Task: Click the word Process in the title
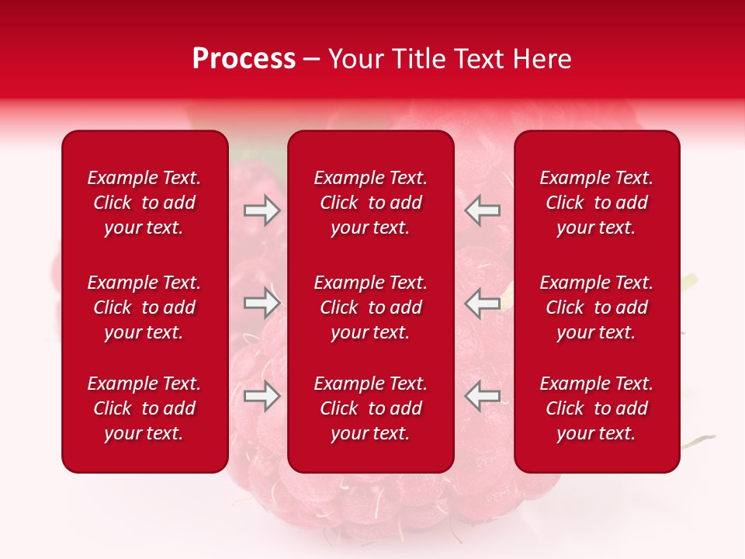[244, 59]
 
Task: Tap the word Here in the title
[541, 59]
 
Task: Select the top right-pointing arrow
[262, 210]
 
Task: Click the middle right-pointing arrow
[262, 303]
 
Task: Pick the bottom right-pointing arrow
[262, 396]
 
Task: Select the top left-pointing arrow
[482, 210]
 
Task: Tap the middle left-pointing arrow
[482, 303]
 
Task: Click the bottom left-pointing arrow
[482, 396]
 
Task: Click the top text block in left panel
[144, 203]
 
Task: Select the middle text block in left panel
[144, 307]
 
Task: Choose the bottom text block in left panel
[144, 408]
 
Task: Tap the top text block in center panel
[371, 203]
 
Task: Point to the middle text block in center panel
[371, 307]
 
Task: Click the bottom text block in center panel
[371, 408]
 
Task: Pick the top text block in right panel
[597, 203]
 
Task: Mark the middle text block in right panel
[597, 307]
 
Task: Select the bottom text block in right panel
[597, 408]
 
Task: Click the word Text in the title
[476, 59]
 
